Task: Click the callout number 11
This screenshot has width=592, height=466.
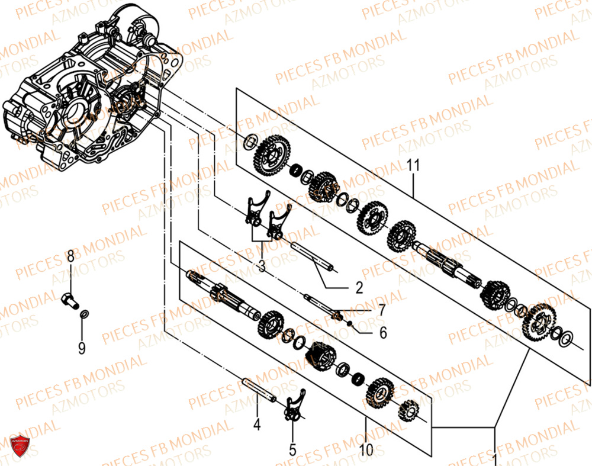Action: tap(413, 165)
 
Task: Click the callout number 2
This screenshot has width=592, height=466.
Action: tap(359, 288)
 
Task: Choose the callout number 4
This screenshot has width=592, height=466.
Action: tap(257, 424)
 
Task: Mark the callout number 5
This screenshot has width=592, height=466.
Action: tap(292, 450)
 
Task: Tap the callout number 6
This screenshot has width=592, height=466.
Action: tap(383, 333)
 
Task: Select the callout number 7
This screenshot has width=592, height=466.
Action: tap(382, 309)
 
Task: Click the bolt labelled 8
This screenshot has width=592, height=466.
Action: tap(69, 297)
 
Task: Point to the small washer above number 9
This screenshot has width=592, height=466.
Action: tap(85, 313)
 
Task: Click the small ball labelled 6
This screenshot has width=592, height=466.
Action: tap(350, 323)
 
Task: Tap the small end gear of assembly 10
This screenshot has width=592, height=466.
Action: tap(408, 410)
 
